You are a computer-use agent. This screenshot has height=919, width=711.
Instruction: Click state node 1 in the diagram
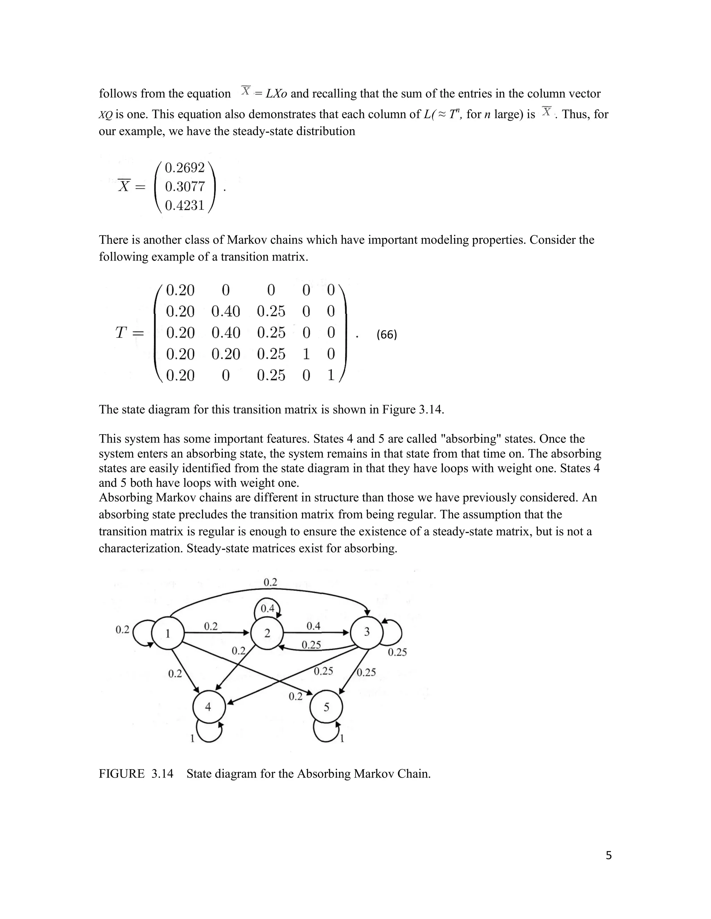coord(168,633)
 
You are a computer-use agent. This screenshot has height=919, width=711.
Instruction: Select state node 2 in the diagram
coord(267,633)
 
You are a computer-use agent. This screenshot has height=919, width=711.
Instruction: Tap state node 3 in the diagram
coord(367,632)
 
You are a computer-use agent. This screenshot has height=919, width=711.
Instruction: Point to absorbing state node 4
coord(208,707)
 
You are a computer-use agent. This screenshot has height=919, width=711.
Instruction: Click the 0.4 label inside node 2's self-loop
coord(267,609)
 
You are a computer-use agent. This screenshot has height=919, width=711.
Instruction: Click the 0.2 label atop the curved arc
coord(270,582)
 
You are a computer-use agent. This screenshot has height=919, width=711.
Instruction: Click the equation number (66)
coord(387,335)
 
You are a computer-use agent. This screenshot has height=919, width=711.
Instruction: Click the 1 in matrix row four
coord(306,354)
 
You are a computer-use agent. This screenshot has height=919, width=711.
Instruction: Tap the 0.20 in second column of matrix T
coord(226,354)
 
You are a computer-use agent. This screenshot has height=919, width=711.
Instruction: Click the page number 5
coord(609,856)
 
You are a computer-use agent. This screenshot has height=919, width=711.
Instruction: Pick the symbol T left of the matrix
coord(121,333)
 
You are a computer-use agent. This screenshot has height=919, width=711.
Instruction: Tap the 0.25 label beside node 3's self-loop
coord(397,652)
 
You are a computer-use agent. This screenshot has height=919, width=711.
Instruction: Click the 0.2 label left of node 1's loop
coord(122,629)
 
